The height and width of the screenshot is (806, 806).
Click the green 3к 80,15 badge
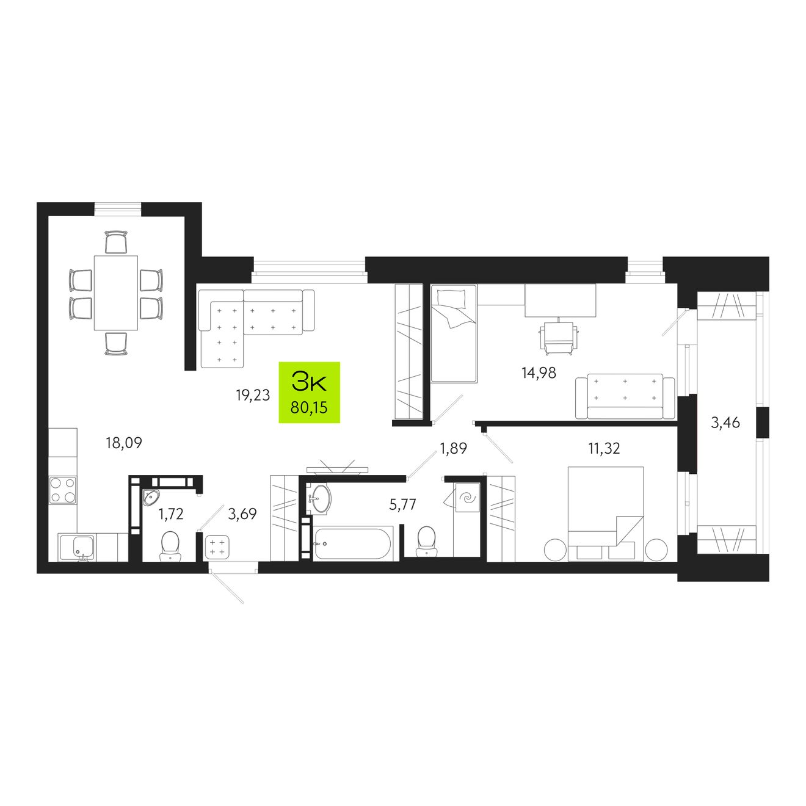(x=309, y=393)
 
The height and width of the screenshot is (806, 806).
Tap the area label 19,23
(x=253, y=395)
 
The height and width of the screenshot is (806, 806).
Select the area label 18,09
(x=124, y=443)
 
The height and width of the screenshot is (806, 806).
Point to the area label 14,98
(x=539, y=372)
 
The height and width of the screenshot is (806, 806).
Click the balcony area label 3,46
(x=725, y=423)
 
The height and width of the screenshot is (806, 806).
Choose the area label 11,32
(x=604, y=449)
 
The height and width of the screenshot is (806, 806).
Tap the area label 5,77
(x=403, y=504)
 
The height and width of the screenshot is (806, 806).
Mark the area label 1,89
(x=453, y=448)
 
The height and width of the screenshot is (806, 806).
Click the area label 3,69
(x=242, y=514)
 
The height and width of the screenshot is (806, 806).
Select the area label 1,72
(x=170, y=514)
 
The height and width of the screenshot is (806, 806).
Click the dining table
(x=116, y=293)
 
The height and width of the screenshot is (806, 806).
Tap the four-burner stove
(x=63, y=490)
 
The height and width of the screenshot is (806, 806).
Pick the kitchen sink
(x=76, y=548)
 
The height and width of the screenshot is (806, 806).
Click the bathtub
(x=352, y=543)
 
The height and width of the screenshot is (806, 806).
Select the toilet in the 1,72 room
(x=170, y=545)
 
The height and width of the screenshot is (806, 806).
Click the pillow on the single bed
(x=451, y=298)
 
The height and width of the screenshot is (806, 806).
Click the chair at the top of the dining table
(x=116, y=242)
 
